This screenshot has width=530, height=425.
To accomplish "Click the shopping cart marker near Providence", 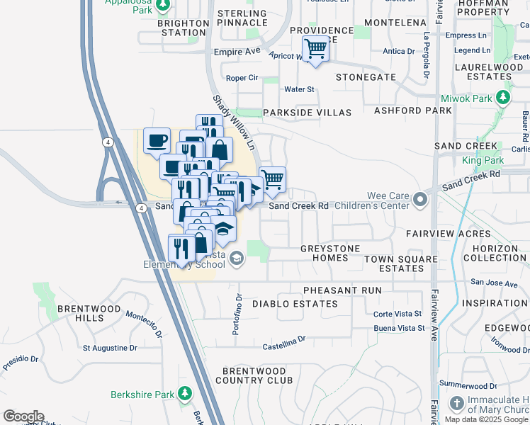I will (315, 49).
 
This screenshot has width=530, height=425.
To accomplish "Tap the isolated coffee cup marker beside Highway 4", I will (157, 140).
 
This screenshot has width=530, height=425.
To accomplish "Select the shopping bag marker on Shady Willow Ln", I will (220, 149).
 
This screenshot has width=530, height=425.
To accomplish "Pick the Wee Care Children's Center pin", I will (422, 200).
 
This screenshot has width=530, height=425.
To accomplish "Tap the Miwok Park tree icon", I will (503, 97).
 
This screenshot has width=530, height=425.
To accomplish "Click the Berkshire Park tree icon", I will (185, 392).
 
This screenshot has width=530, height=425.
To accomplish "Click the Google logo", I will (23, 416).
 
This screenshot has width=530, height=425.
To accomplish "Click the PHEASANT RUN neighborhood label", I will (342, 290).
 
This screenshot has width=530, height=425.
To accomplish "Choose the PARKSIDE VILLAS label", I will (307, 113).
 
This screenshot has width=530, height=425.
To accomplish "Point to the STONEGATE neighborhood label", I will (366, 76).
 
